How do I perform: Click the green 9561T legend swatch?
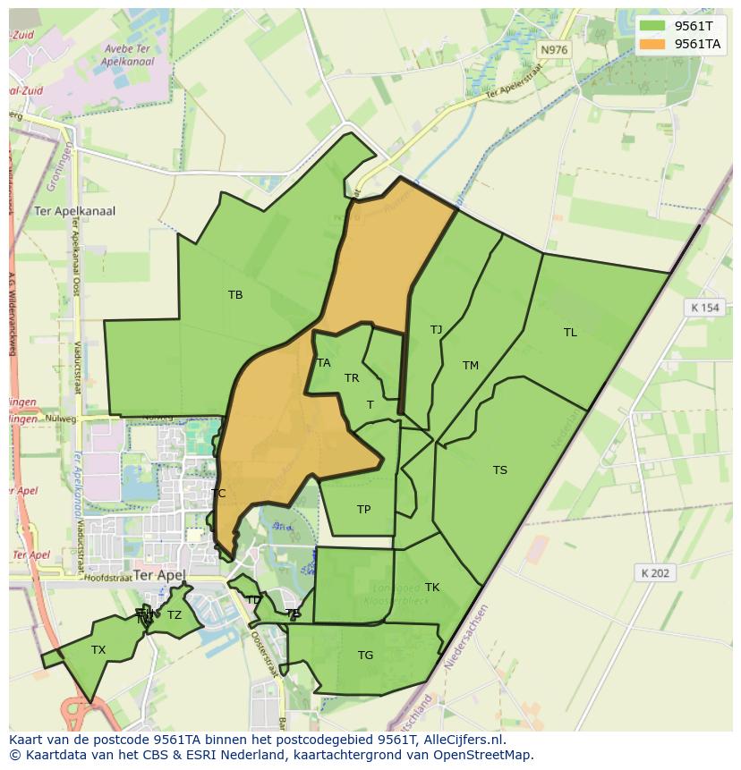tap(653, 26)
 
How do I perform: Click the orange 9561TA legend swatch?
tap(653, 44)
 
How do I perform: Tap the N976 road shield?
tap(554, 50)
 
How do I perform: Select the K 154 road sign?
tap(704, 308)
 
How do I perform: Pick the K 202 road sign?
tap(655, 573)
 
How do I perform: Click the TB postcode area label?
tap(235, 295)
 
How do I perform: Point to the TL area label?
tap(570, 333)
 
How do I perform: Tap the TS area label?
tap(499, 470)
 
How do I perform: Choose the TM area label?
tap(471, 366)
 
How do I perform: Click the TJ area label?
tap(436, 330)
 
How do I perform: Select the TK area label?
tap(432, 588)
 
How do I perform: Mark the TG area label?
tap(365, 656)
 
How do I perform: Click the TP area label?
tap(363, 510)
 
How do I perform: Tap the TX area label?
tap(98, 650)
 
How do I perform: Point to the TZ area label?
tap(175, 615)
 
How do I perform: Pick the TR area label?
tap(352, 378)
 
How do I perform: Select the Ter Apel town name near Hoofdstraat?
tap(158, 575)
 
